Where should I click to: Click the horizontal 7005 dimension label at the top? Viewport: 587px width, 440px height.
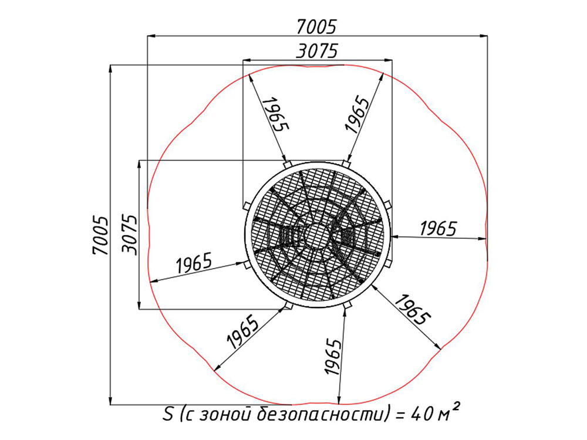[x=317, y=26]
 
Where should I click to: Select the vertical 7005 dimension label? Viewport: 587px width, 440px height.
[x=101, y=235]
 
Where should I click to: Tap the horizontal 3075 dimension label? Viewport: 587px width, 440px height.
[x=317, y=51]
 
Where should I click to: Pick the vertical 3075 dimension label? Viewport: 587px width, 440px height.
[x=130, y=235]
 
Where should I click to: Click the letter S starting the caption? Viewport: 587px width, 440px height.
[x=168, y=414]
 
